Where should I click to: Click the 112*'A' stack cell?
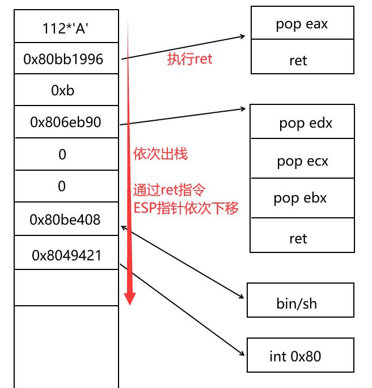click(66, 27)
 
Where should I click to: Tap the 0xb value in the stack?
click(63, 90)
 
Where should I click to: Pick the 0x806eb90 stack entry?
click(66, 121)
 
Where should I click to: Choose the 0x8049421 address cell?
click(66, 255)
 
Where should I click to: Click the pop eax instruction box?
click(302, 24)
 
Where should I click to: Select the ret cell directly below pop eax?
click(298, 60)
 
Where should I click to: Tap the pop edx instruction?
click(305, 123)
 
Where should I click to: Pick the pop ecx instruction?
click(302, 161)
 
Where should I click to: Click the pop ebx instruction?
click(300, 198)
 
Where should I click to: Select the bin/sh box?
click(297, 303)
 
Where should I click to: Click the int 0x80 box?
click(295, 356)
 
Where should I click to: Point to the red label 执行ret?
click(189, 59)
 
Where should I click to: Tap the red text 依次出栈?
click(160, 154)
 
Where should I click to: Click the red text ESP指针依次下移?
click(185, 208)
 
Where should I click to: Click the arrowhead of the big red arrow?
click(130, 298)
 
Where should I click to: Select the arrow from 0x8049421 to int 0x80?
click(181, 309)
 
